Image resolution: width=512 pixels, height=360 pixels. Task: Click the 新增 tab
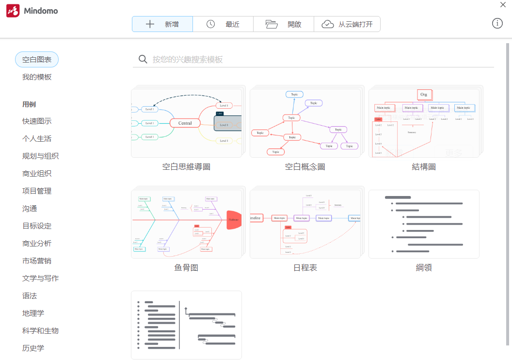pyautogui.click(x=162, y=24)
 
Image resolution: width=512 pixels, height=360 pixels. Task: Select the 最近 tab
pyautogui.click(x=223, y=24)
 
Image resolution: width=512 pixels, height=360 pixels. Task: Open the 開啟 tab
pyautogui.click(x=284, y=24)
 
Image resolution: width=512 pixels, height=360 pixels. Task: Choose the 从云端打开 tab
pyautogui.click(x=347, y=24)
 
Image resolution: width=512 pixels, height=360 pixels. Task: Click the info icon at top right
pyautogui.click(x=497, y=23)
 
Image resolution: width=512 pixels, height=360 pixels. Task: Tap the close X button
pyautogui.click(x=503, y=5)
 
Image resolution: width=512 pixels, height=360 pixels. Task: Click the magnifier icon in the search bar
pyautogui.click(x=143, y=59)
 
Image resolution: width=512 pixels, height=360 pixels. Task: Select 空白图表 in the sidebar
pyautogui.click(x=37, y=60)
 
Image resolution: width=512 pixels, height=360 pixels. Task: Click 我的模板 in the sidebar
pyautogui.click(x=37, y=77)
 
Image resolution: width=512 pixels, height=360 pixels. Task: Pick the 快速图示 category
pyautogui.click(x=37, y=121)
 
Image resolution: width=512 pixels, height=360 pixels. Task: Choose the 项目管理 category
pyautogui.click(x=37, y=191)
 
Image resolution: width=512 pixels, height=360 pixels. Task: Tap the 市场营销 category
pyautogui.click(x=37, y=261)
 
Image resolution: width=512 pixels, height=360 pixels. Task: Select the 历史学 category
pyautogui.click(x=33, y=348)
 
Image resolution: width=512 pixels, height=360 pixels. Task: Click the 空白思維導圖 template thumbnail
pyautogui.click(x=186, y=123)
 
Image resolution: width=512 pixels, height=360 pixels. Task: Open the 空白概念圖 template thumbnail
pyautogui.click(x=305, y=123)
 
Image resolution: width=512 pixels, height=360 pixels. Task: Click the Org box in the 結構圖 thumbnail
pyautogui.click(x=424, y=94)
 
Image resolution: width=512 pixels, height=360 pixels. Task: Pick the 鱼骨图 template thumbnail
pyautogui.click(x=186, y=224)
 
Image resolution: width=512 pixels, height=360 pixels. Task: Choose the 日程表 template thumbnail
pyautogui.click(x=305, y=224)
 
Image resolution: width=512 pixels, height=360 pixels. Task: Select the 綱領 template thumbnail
pyautogui.click(x=424, y=224)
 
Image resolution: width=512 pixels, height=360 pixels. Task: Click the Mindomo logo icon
pyautogui.click(x=13, y=11)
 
